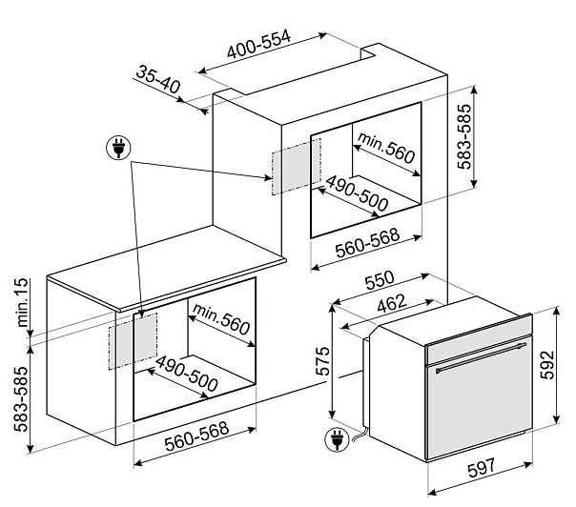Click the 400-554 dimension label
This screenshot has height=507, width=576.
258,44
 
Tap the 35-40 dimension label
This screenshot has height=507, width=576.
158,79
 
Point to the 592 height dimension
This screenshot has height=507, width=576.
547,365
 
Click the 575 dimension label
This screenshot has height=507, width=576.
323,360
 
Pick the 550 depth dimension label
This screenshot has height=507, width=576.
380,280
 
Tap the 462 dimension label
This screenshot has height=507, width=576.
392,304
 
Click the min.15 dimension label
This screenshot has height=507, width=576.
21,303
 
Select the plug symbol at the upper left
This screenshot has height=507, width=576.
118,147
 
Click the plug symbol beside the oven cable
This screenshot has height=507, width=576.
337,440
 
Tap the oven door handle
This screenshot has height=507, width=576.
481,357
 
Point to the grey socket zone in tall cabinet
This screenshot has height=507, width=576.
296,167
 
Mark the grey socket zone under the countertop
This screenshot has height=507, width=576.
133,341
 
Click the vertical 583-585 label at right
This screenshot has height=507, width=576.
464,136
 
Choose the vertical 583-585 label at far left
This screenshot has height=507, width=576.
21,398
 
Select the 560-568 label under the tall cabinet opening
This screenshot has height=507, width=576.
367,243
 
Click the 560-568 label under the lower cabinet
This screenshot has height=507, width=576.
196,436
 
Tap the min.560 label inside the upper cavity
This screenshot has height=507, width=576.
386,148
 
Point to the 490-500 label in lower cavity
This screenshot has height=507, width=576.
187,374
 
